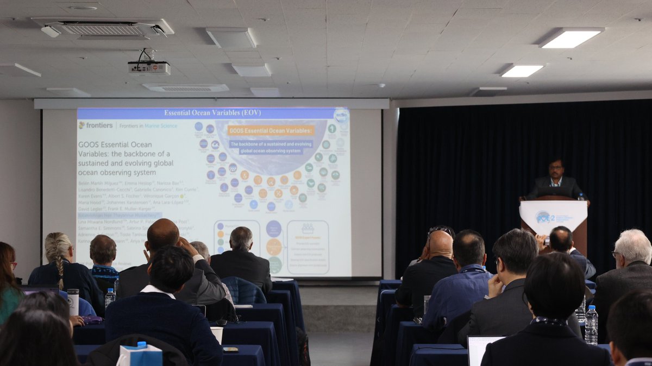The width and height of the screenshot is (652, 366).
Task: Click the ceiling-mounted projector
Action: tap(149, 67)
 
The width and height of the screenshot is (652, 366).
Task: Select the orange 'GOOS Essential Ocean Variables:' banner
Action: tap(271, 130)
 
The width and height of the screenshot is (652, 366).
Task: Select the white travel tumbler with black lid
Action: tap(73, 302)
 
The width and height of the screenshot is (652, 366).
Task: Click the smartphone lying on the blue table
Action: tap(230, 350)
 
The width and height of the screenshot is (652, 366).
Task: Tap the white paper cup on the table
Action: tap(217, 333)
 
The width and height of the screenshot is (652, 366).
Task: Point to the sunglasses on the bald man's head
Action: tap(440, 230)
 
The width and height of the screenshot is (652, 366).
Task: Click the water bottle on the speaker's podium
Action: tap(581, 197)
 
